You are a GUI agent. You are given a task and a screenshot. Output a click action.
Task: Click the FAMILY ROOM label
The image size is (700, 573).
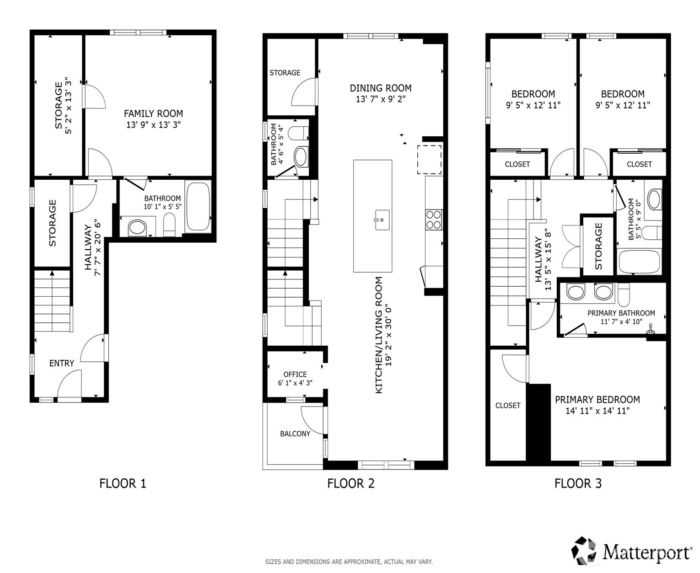tap(153, 113)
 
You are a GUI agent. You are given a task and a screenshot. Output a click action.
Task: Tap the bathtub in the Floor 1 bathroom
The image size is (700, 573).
tap(198, 207)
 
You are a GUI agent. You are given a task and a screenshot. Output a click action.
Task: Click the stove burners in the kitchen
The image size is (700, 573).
tap(434, 219)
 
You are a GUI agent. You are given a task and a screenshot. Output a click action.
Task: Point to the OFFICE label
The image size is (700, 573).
tap(295, 374)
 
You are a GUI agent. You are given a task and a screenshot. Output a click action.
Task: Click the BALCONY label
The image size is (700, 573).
tap(295, 434)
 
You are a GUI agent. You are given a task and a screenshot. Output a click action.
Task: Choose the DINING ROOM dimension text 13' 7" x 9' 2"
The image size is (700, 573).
tap(381, 99)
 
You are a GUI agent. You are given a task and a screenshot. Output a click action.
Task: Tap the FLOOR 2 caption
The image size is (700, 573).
tap(350, 483)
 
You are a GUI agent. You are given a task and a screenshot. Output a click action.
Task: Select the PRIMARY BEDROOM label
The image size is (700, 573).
tap(597, 399)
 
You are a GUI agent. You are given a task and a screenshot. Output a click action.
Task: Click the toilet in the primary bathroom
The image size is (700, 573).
tap(623, 295)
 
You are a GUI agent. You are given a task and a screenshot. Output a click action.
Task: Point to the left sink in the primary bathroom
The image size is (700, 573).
tap(576, 292)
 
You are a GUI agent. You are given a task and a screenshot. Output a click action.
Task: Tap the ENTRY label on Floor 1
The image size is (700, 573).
tap(61, 363)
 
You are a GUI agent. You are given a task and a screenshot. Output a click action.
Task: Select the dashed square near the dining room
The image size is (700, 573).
tap(429, 159)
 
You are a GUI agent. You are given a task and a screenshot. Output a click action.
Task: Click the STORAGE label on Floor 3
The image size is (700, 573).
tap(598, 246)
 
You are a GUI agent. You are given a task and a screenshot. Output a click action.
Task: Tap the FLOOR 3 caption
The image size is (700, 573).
tap(577, 483)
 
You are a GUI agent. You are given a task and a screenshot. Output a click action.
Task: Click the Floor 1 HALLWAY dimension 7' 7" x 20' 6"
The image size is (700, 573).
tap(97, 247)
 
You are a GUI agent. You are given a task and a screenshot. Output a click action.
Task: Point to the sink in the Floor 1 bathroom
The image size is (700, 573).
tap(137, 227)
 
